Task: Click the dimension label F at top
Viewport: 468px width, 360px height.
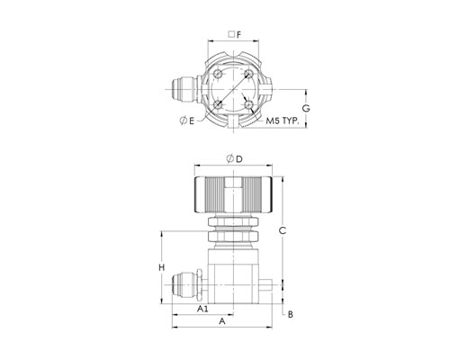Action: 238,35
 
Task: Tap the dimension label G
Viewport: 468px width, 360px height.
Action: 306,108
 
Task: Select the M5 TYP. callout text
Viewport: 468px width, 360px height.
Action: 283,121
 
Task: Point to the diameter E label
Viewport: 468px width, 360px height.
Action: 187,121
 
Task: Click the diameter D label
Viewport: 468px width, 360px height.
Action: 234,159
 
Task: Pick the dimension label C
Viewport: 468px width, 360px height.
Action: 283,230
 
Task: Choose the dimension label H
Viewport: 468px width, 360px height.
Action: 162,267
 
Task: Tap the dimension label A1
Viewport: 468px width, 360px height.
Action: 202,309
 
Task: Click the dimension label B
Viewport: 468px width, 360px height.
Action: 290,314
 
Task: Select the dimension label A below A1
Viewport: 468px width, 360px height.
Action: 221,321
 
